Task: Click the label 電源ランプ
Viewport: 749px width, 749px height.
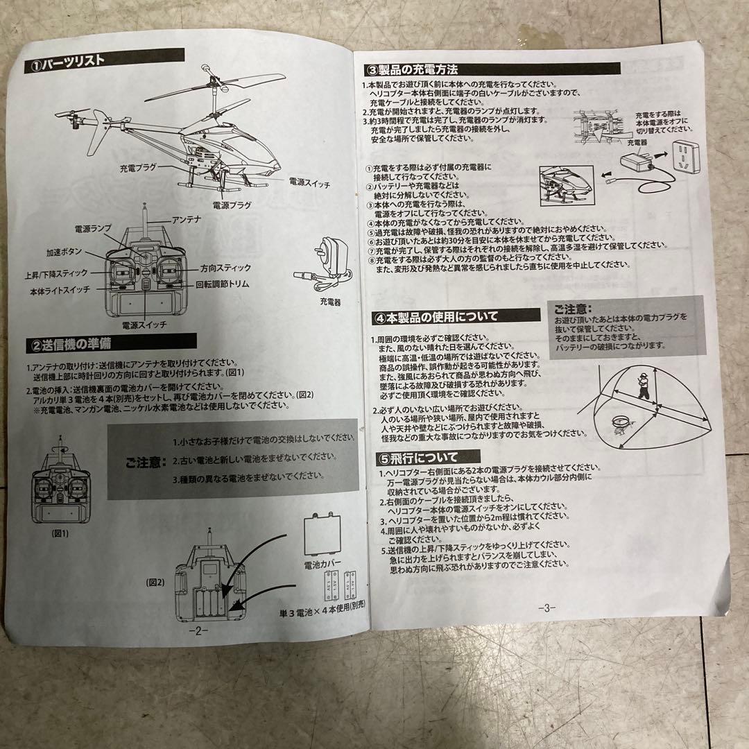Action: click(x=93, y=229)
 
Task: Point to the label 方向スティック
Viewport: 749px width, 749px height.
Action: click(x=225, y=268)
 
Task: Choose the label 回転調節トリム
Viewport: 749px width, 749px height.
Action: click(x=222, y=284)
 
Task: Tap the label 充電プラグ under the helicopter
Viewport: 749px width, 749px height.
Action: click(x=138, y=169)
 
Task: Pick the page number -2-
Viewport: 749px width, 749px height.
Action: click(x=198, y=631)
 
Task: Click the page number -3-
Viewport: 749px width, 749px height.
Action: click(x=546, y=608)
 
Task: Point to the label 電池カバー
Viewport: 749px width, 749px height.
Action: click(x=323, y=565)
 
